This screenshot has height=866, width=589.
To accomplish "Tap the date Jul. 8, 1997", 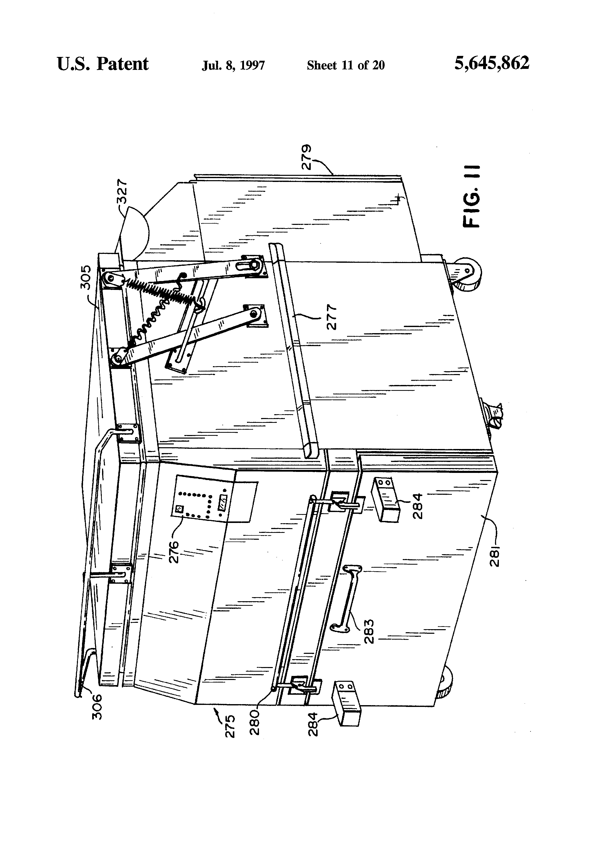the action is [x=233, y=66].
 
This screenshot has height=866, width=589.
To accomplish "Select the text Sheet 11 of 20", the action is [x=346, y=66].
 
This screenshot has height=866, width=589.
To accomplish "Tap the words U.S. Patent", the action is [x=103, y=64].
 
